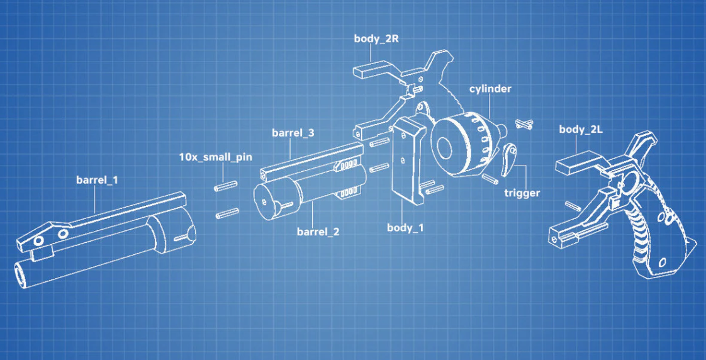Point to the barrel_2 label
pyautogui.click(x=318, y=232)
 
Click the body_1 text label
pyautogui.click(x=405, y=228)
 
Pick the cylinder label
pyautogui.click(x=490, y=89)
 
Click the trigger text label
pyautogui.click(x=522, y=193)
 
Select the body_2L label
pyautogui.click(x=580, y=129)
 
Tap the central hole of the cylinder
pyautogui.click(x=445, y=147)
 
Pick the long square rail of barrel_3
pyautogui.click(x=311, y=159)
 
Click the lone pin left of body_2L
pyautogui.click(x=572, y=205)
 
